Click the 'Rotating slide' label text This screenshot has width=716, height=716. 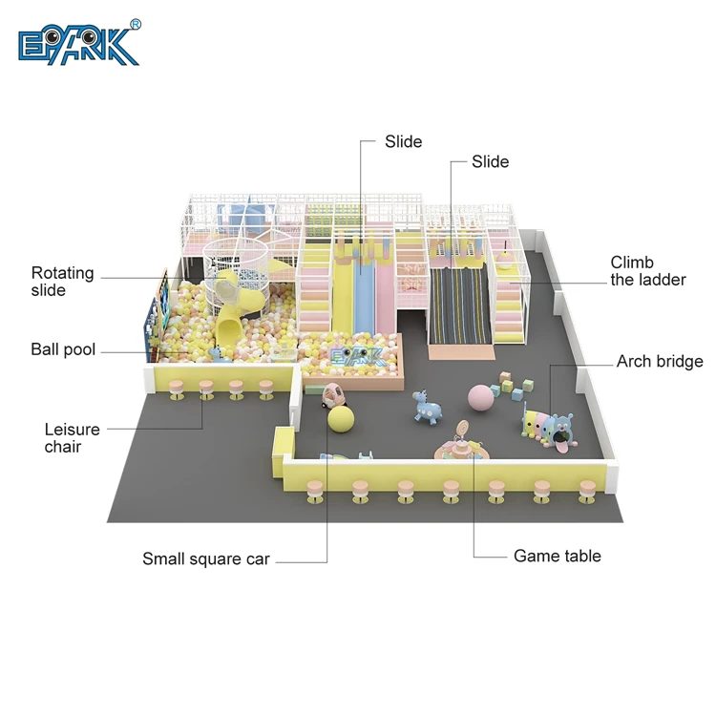(x=63, y=281)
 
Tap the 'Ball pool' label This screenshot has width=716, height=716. (x=63, y=349)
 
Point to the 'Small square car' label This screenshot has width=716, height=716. (x=206, y=558)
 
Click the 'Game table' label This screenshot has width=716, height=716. (x=558, y=556)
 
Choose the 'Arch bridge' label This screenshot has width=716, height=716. (x=660, y=361)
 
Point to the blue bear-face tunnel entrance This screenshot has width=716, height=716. (x=562, y=426)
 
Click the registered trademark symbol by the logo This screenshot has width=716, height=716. (x=135, y=24)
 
